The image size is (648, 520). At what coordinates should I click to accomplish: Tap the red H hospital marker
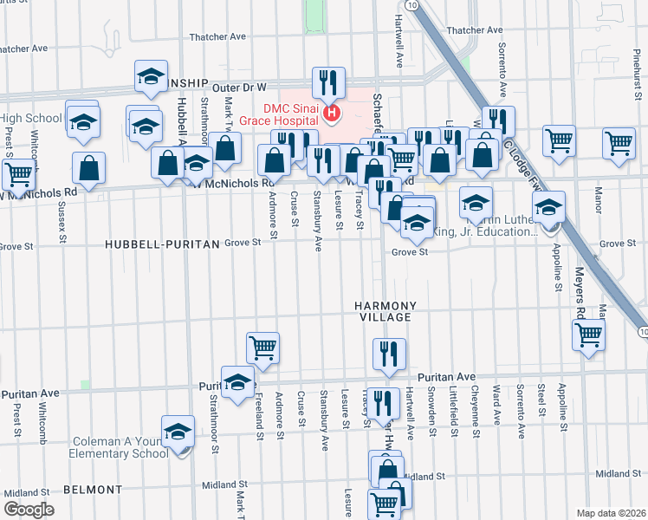330,113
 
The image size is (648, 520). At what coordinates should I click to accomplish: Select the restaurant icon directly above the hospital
327,83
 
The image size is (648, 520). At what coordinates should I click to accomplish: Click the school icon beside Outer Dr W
152,77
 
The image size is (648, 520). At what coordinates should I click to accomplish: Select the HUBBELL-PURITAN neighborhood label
162,245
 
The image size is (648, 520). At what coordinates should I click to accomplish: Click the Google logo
29,510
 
